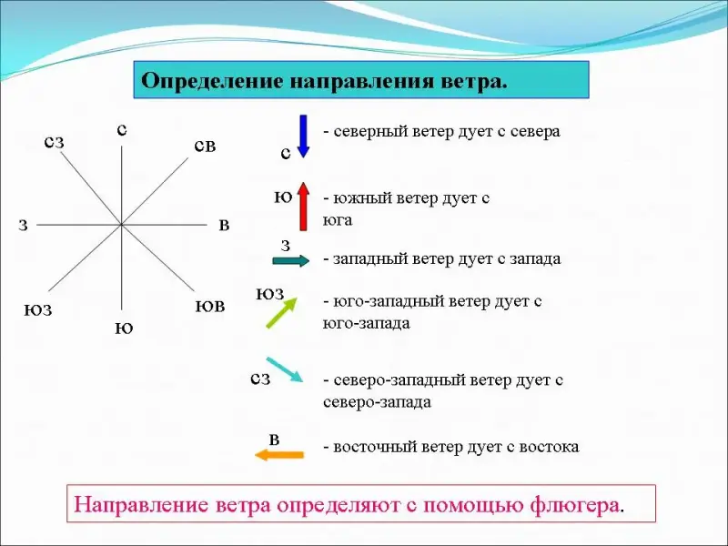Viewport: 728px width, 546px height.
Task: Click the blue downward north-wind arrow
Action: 303,136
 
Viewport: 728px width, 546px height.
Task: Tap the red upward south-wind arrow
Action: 303,207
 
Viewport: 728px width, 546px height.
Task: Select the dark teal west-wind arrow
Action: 291,261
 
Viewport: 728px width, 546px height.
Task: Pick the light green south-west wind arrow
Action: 282,313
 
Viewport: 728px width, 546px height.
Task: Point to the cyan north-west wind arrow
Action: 285,369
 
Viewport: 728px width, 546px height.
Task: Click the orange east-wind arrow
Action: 279,455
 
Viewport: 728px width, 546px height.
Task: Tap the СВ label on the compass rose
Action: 206,147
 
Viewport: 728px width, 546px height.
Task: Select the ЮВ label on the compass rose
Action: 210,307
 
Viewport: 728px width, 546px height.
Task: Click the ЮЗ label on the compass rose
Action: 38,310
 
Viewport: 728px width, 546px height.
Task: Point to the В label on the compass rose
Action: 224,226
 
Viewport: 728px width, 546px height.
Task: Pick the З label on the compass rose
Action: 24,226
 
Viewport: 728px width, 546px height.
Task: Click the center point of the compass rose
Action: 121,225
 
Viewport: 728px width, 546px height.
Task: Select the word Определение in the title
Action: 213,81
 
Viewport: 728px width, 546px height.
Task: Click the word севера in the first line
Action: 535,132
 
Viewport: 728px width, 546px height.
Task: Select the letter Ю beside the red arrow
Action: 283,198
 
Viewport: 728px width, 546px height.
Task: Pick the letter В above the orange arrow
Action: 275,440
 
